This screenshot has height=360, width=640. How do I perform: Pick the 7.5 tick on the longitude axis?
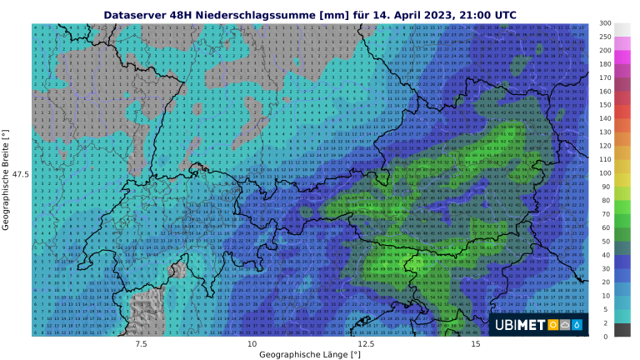[x=141, y=343]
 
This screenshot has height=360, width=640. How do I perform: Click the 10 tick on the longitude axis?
[x=252, y=343]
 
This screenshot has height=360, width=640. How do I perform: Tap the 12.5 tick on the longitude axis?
[x=363, y=343]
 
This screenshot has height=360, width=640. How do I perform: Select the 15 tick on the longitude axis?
[x=475, y=343]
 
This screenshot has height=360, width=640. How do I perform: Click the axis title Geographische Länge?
[x=310, y=354]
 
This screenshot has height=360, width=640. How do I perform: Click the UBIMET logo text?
[x=521, y=324]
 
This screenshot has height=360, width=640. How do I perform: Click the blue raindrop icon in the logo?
[x=578, y=324]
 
